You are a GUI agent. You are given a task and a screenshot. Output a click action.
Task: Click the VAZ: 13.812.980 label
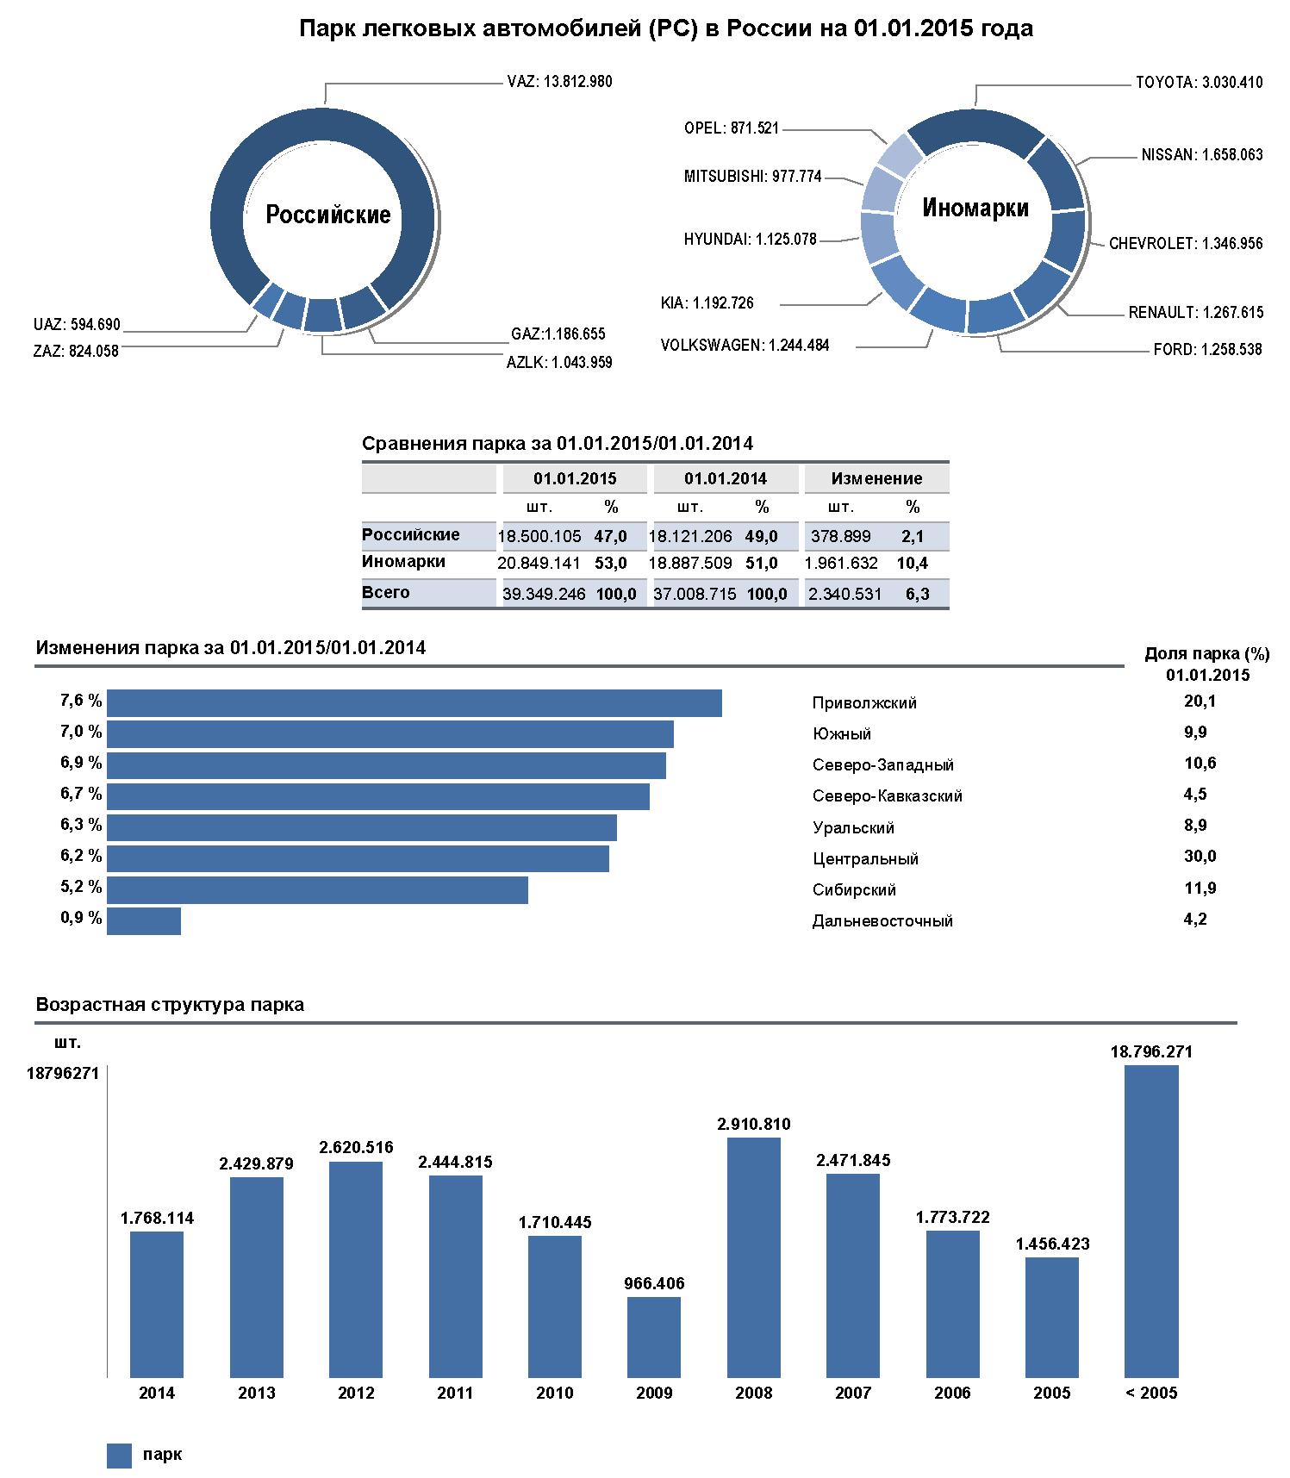(559, 82)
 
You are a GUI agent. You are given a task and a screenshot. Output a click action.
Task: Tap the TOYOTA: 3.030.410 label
(1199, 83)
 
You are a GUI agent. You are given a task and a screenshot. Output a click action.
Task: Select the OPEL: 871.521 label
(731, 128)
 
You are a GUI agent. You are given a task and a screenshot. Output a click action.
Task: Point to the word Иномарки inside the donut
(975, 208)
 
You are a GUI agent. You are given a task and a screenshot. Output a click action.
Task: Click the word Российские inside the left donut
(327, 215)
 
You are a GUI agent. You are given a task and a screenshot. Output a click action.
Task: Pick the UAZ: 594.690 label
(77, 325)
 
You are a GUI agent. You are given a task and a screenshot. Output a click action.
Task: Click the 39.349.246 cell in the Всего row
(544, 594)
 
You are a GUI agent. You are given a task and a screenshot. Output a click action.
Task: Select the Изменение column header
(876, 478)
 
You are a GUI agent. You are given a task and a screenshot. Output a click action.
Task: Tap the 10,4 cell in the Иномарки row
(912, 564)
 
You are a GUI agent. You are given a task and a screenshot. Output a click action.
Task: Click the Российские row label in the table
(410, 534)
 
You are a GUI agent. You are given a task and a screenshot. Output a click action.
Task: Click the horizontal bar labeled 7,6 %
(414, 703)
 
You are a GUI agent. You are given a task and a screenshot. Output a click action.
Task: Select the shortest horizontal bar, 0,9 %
(144, 920)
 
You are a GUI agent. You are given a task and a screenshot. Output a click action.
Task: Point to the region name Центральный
(865, 859)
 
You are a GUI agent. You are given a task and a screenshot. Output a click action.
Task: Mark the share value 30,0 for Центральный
(1200, 857)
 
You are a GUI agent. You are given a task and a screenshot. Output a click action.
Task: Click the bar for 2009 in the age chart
(654, 1337)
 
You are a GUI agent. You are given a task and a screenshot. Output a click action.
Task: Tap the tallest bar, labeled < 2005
(1151, 1220)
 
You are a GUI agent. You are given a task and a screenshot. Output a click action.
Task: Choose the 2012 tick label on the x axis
(356, 1393)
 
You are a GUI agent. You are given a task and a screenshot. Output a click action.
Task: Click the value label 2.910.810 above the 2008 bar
(753, 1124)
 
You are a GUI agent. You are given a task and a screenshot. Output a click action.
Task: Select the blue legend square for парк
(119, 1456)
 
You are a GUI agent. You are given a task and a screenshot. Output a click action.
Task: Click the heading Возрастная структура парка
(170, 1005)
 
